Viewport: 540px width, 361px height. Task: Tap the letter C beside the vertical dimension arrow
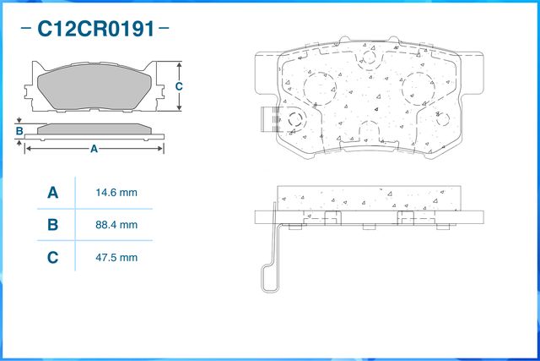(x=179, y=86)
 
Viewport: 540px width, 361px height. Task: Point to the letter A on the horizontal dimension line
(x=94, y=149)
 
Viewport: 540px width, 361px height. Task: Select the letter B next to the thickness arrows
(x=19, y=130)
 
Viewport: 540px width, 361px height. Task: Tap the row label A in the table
(x=52, y=193)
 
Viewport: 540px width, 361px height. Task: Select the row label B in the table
(x=52, y=225)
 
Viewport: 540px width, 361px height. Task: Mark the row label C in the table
(x=52, y=257)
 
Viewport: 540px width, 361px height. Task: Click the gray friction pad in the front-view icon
(x=94, y=86)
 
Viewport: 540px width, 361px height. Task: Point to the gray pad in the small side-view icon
(x=94, y=129)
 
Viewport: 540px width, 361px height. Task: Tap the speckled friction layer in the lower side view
(x=368, y=199)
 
